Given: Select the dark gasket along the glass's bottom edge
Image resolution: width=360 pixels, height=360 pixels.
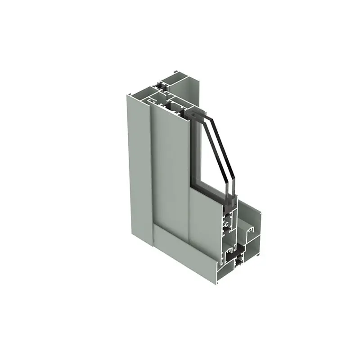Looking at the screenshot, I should pyautogui.click(x=207, y=191).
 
